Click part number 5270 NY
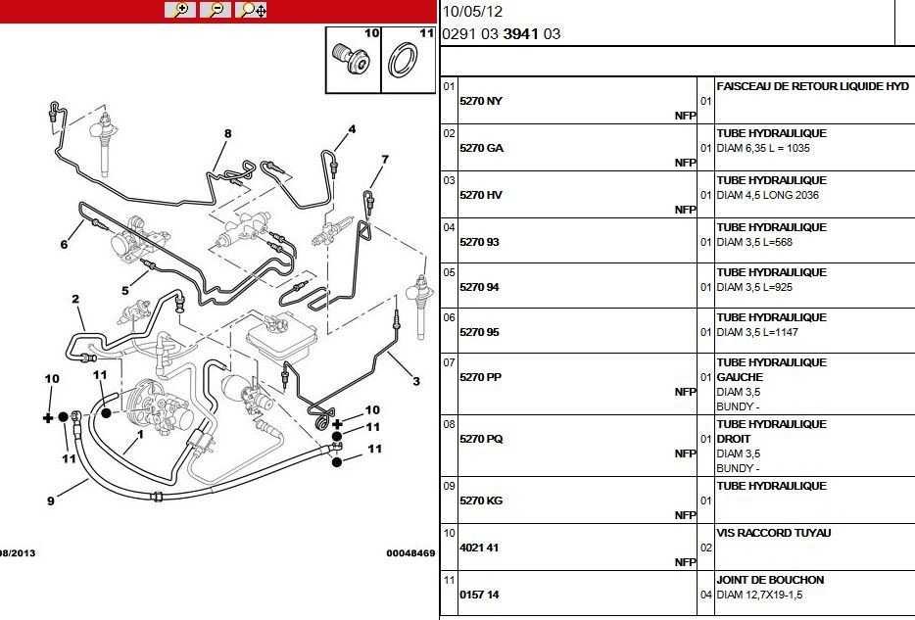pyautogui.click(x=481, y=101)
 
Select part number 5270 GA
pyautogui.click(x=481, y=148)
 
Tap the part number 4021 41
pyautogui.click(x=480, y=548)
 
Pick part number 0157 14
pyautogui.click(x=480, y=595)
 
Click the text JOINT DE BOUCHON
pyautogui.click(x=771, y=580)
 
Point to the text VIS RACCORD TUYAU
pyautogui.click(x=774, y=533)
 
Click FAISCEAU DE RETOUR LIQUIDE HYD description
pyautogui.click(x=813, y=86)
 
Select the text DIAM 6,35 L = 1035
pyautogui.click(x=763, y=148)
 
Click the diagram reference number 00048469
pyautogui.click(x=410, y=552)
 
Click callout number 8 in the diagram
pyautogui.click(x=227, y=133)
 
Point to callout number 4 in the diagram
pyautogui.click(x=352, y=128)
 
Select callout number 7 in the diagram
pyautogui.click(x=385, y=159)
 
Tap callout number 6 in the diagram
pyautogui.click(x=64, y=245)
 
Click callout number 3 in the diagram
pyautogui.click(x=415, y=381)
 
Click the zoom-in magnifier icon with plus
pyautogui.click(x=180, y=10)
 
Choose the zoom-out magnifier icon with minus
pyautogui.click(x=217, y=10)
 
